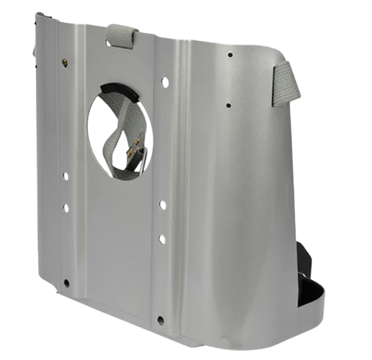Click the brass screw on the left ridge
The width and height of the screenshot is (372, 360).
pyautogui.click(x=64, y=62)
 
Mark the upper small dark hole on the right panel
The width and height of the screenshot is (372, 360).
pyautogui.click(x=230, y=55)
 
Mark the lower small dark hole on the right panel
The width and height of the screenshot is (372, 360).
pyautogui.click(x=229, y=105)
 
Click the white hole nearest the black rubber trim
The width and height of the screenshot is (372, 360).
pyautogui.click(x=165, y=82)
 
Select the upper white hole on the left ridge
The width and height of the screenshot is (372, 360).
pyautogui.click(x=66, y=176)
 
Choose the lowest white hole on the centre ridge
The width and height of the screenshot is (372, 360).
pyautogui.click(x=162, y=239)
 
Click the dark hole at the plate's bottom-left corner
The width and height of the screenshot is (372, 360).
pyautogui.click(x=67, y=282)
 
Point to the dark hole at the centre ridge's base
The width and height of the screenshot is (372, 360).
pyautogui.click(x=160, y=320)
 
